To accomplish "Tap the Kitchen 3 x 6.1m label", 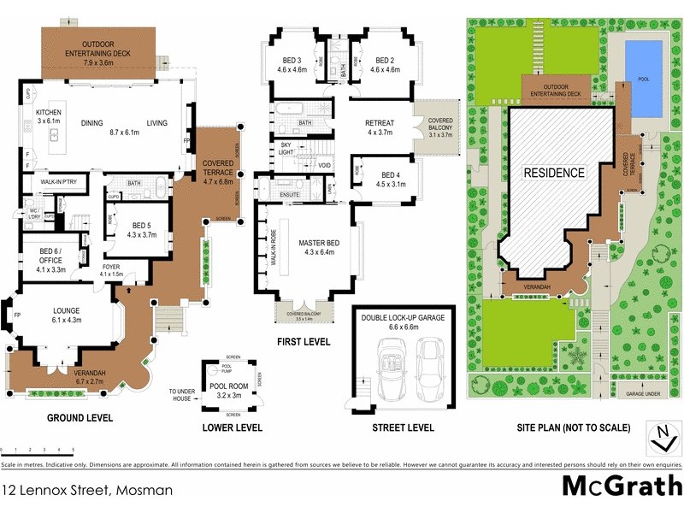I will pyautogui.click(x=48, y=117).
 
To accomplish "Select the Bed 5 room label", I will pyautogui.click(x=142, y=229).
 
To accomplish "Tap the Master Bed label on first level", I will pyautogui.click(x=319, y=248).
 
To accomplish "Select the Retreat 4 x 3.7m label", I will pyautogui.click(x=379, y=127).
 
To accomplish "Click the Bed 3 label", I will pyautogui.click(x=293, y=64).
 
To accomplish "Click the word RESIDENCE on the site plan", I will pyautogui.click(x=554, y=173).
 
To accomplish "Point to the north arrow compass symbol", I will pyautogui.click(x=659, y=439).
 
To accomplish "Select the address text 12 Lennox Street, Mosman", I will pyautogui.click(x=87, y=490).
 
